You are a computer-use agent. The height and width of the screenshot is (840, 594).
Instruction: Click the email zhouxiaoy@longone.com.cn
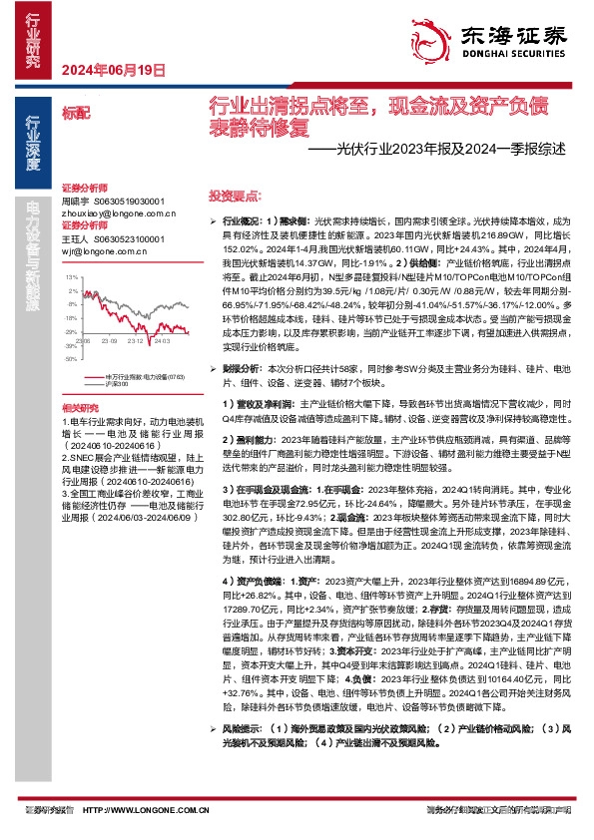click(112, 211)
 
